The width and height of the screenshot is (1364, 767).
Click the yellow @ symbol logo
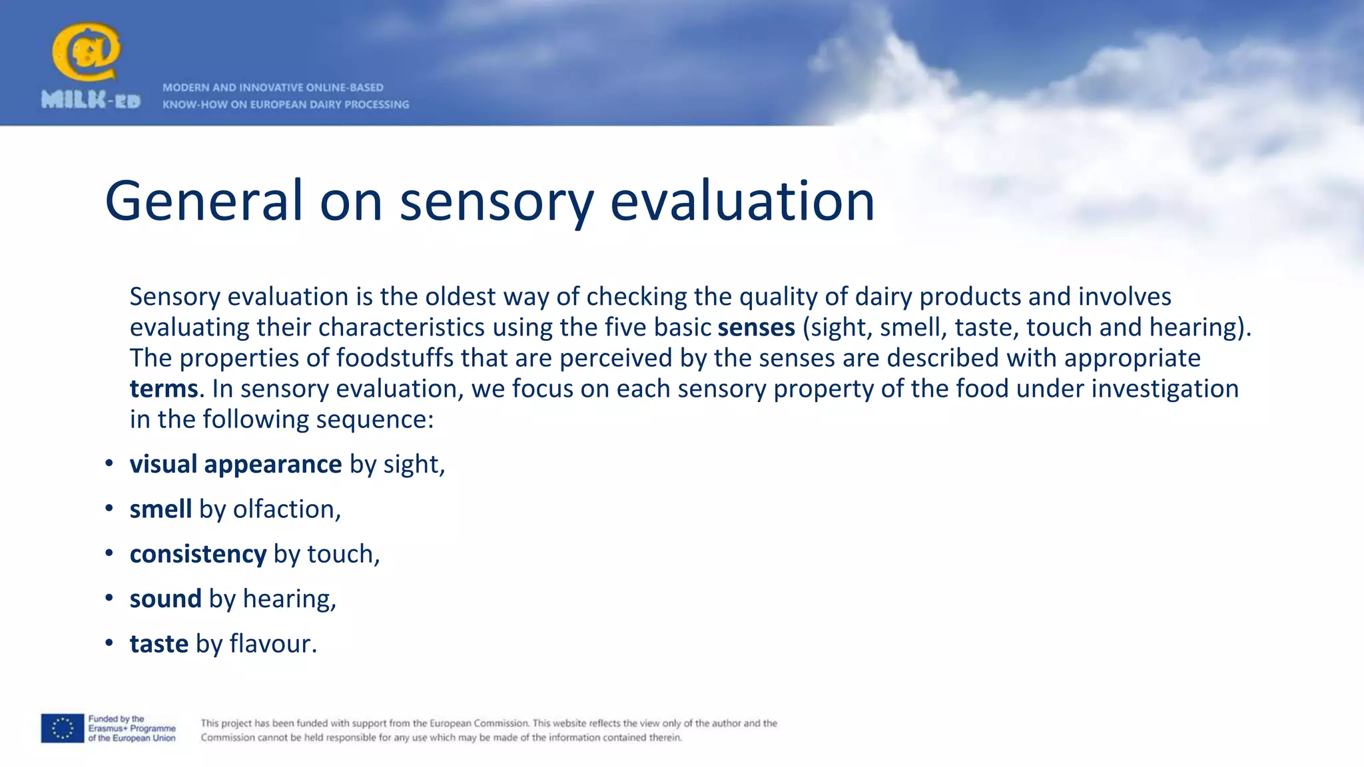(87, 52)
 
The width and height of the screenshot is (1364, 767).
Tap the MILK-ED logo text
(91, 101)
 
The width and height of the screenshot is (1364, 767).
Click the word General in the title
(204, 201)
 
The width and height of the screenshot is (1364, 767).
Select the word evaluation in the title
(742, 201)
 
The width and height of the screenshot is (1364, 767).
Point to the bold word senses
(756, 328)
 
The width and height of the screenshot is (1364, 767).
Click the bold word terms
(164, 389)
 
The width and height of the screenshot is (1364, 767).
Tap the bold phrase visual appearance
(236, 464)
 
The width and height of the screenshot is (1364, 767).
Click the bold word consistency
(198, 554)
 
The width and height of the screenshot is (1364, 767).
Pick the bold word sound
(165, 599)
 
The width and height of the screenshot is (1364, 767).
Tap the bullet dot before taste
(109, 644)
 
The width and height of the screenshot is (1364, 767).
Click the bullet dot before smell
(109, 509)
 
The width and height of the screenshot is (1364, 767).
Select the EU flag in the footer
(63, 728)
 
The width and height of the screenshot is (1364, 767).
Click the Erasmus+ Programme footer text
(132, 728)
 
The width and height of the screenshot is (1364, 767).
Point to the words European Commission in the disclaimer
(478, 723)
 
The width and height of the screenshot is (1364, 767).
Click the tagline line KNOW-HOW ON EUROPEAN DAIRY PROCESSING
(286, 105)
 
